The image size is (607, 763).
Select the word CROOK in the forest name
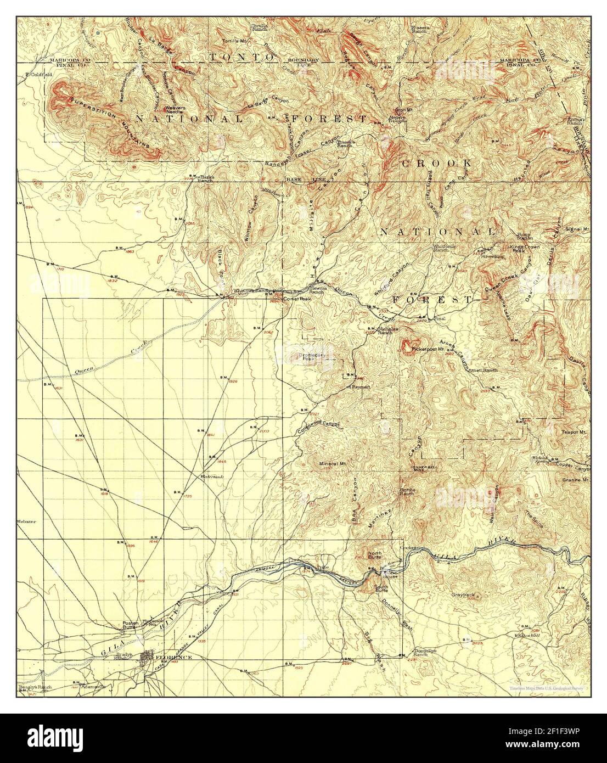(x=436, y=163)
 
